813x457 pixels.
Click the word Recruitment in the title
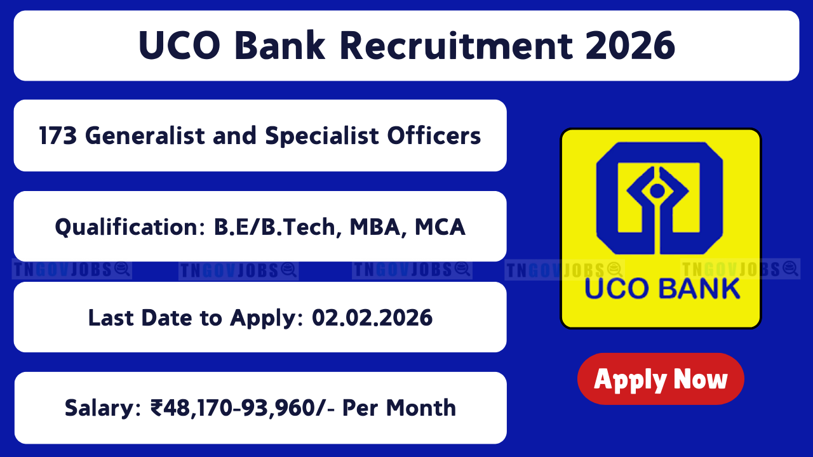[x=457, y=46]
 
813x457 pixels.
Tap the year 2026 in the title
[x=631, y=46]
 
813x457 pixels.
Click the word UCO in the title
[x=180, y=46]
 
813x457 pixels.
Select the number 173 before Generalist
[x=58, y=136]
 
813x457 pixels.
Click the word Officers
[x=434, y=136]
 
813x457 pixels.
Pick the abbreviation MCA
[x=440, y=227]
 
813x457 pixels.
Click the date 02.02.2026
[x=372, y=318]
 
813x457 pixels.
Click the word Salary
[x=103, y=408]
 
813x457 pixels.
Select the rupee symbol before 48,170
[x=157, y=408]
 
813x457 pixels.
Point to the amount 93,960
[x=276, y=408]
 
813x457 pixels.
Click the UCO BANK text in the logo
[x=662, y=289]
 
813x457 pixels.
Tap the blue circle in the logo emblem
[x=657, y=191]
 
